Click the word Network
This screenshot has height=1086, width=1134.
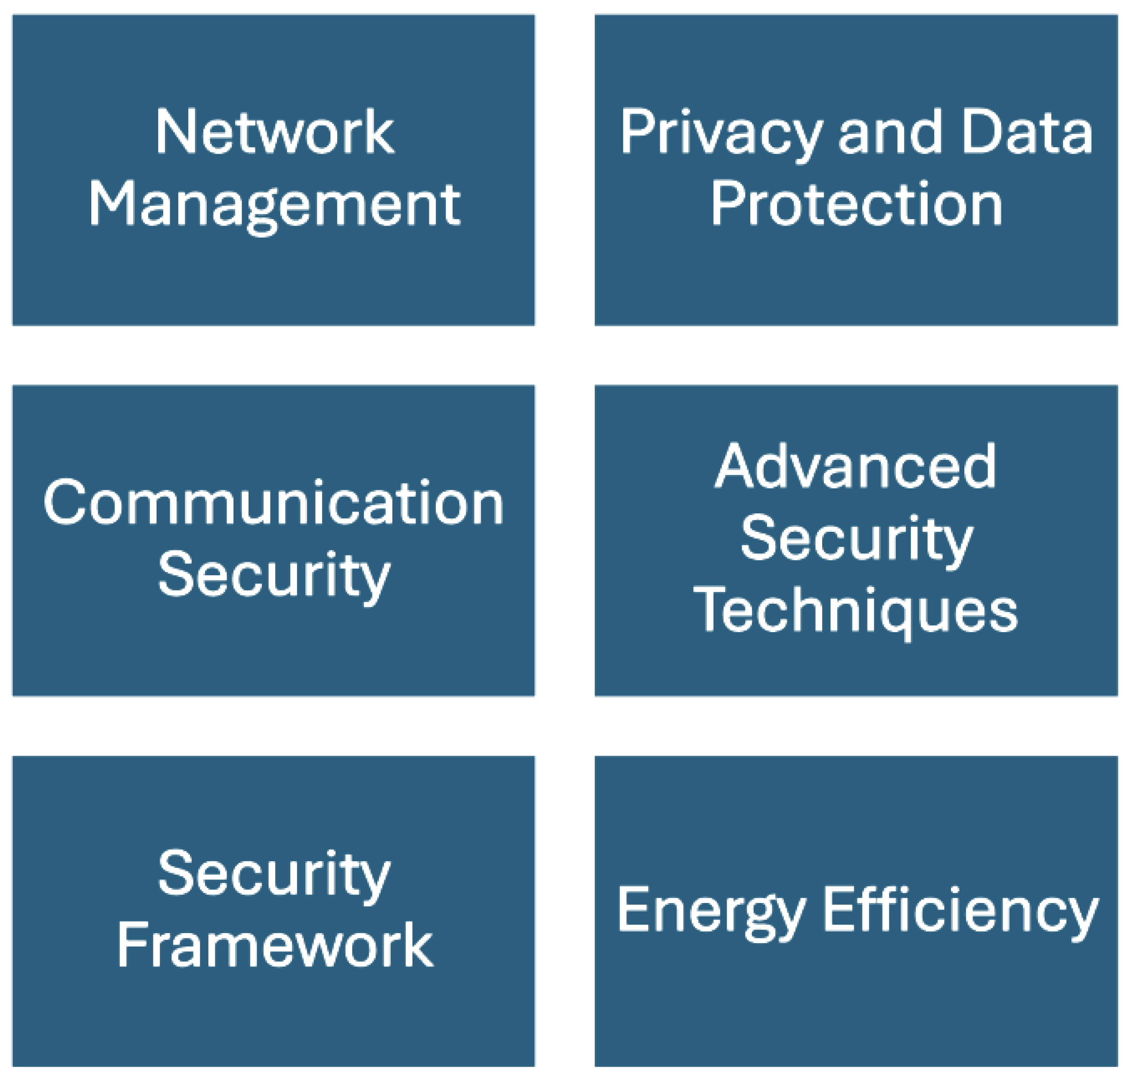274,133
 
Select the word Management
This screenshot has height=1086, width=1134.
274,205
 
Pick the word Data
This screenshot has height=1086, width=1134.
1026,133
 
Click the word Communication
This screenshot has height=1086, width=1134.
273,503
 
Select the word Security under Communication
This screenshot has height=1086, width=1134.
273,576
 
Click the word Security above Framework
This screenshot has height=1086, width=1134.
273,875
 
